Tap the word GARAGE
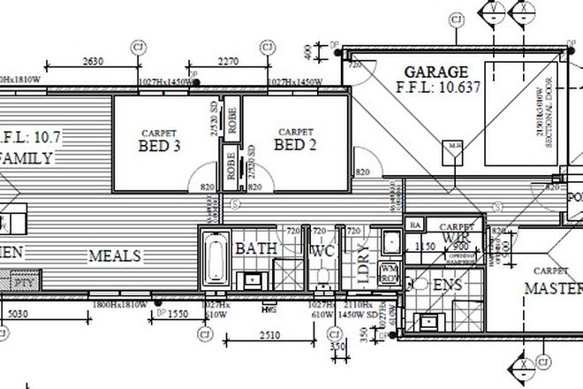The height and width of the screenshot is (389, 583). click(x=435, y=72)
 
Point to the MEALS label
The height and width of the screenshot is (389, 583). click(x=114, y=256)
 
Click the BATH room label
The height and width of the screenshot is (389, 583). click(x=256, y=249)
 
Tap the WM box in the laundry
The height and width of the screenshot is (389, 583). click(x=390, y=268)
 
